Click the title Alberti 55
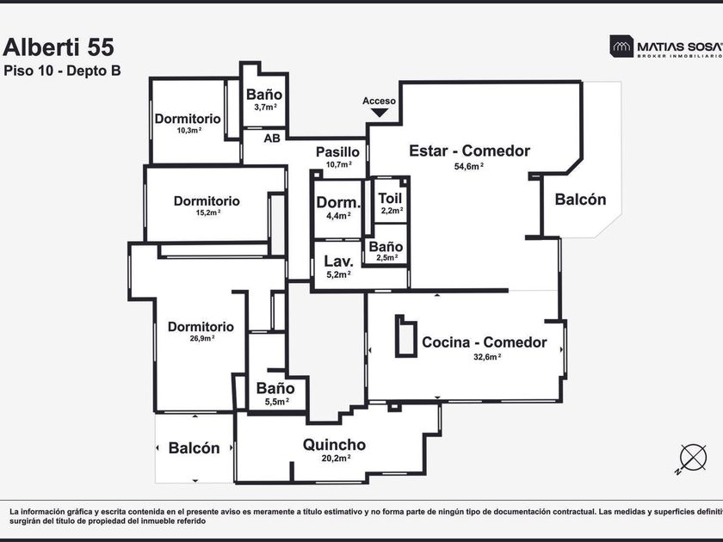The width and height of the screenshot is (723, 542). [x=59, y=47]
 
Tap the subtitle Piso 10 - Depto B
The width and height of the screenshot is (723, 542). [x=62, y=71]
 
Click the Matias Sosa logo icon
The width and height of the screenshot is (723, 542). [x=621, y=46]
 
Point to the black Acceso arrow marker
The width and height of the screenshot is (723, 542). [x=380, y=112]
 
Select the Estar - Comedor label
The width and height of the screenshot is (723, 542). [x=469, y=151]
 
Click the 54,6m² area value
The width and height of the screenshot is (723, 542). [x=469, y=166]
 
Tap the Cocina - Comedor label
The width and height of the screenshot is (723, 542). [x=484, y=342]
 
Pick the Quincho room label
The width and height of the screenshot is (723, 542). [x=334, y=445]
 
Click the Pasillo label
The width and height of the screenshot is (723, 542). [x=337, y=152]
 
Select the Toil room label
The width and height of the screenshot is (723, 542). [x=390, y=198]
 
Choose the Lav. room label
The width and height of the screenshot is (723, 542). [x=338, y=262]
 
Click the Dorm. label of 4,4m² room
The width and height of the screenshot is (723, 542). [x=338, y=203]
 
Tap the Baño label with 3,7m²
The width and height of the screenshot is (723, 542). [x=264, y=95]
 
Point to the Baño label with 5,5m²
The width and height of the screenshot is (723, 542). [x=275, y=388]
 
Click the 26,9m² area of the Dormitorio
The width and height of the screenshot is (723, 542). [x=201, y=339]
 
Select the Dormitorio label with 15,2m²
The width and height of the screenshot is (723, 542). [x=207, y=201]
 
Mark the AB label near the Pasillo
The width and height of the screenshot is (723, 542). [x=271, y=138]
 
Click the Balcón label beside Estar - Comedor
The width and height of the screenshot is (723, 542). [x=580, y=200]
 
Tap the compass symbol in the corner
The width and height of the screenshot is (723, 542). [x=692, y=457]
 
